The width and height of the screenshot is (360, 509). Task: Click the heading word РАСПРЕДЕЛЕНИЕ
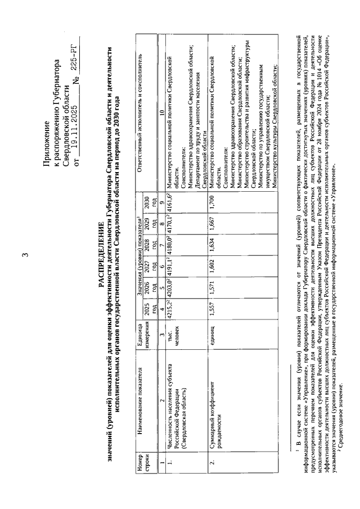[101, 255]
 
